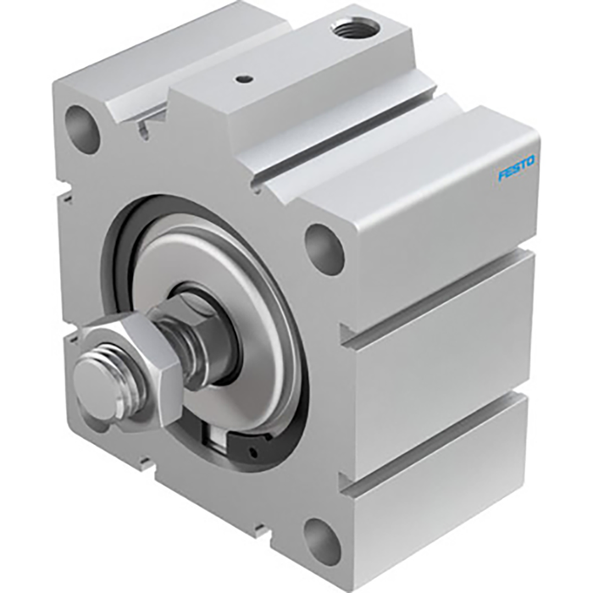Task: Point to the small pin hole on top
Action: click(244, 80)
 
